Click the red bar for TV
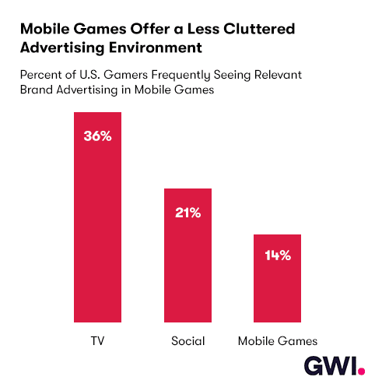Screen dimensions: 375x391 97,217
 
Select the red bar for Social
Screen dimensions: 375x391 187,255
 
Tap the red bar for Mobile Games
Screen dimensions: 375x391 277,278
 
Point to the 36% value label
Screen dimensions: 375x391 97,136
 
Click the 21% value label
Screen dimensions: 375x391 187,213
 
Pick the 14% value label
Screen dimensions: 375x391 278,255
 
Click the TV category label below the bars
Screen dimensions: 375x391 97,340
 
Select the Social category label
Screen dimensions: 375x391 188,340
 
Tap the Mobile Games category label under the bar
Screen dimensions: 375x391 278,340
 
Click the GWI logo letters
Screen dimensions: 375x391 331,365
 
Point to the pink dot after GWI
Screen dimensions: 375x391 361,371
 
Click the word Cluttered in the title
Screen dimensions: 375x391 259,29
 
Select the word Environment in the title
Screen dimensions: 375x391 156,48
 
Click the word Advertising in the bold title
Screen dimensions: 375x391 62,48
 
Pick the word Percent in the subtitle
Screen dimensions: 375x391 41,75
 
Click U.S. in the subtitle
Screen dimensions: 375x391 89,75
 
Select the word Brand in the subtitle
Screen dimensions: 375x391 37,90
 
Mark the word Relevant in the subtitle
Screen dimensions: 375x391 278,75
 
